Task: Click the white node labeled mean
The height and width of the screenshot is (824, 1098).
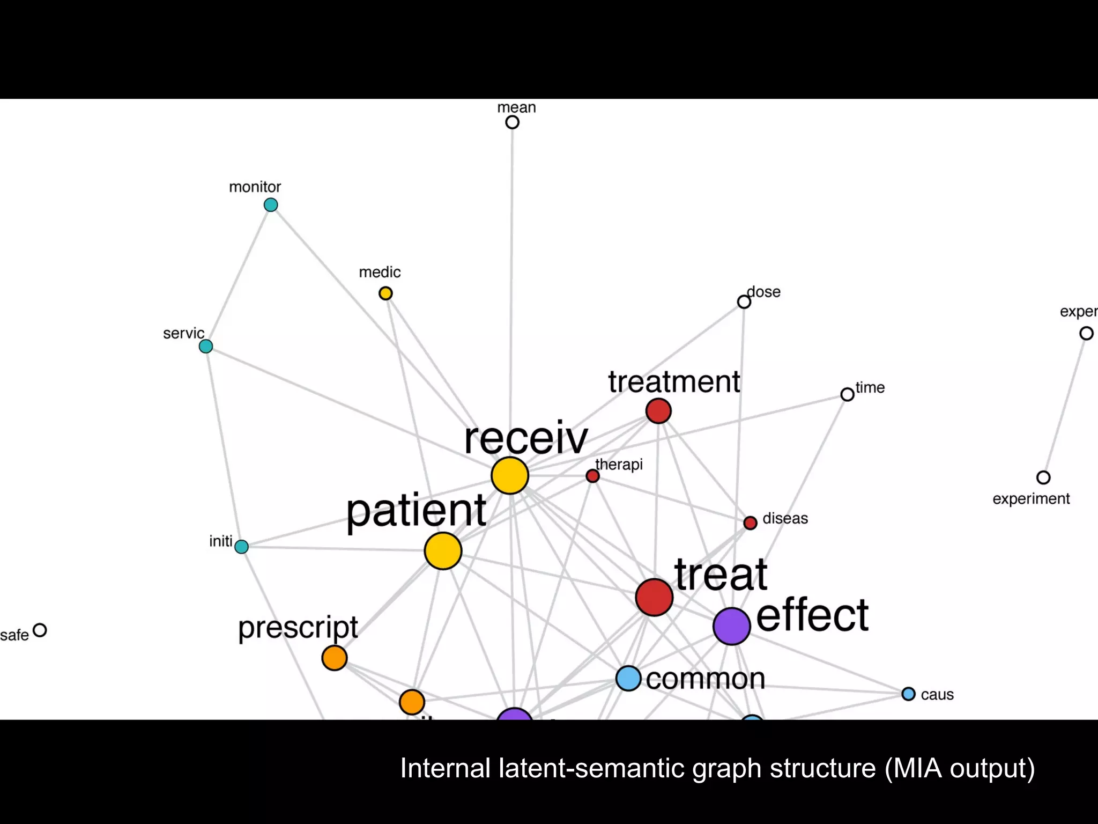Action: [x=513, y=122]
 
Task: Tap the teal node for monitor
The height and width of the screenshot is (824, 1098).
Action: [x=271, y=205]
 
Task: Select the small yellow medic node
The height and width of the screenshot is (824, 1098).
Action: [x=385, y=293]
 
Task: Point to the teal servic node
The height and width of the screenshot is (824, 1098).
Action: [x=206, y=347]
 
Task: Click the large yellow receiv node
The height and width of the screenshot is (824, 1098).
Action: [x=510, y=475]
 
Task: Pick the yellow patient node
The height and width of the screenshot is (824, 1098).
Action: [x=443, y=551]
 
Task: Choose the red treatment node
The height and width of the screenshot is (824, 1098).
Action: [x=658, y=411]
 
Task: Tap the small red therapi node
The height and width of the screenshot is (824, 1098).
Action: [x=592, y=476]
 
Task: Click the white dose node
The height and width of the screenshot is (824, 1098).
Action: [x=744, y=302]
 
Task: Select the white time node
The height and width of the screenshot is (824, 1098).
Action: [x=847, y=395]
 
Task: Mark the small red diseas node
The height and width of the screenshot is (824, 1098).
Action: [x=751, y=523]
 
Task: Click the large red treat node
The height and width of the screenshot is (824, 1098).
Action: [x=654, y=597]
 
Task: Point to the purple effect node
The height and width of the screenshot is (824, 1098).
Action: [x=731, y=626]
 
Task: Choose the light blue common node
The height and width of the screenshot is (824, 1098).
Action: [x=628, y=678]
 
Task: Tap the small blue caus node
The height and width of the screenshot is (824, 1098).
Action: [x=908, y=694]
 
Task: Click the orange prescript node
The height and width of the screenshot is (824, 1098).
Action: [x=335, y=658]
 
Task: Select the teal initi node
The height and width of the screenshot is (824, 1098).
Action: [x=242, y=547]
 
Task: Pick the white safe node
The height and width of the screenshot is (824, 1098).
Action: [x=40, y=630]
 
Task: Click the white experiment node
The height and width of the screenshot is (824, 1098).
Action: [x=1043, y=477]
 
